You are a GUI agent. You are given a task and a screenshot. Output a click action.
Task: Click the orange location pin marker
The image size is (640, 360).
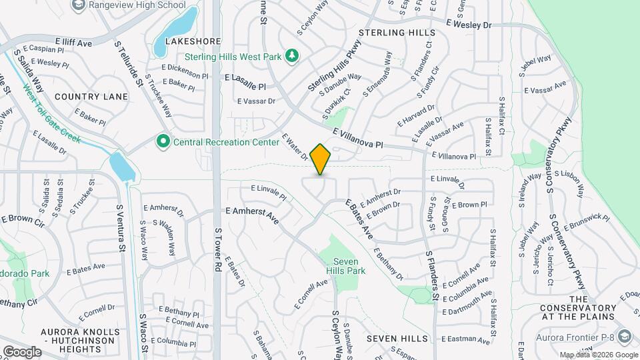[321, 159]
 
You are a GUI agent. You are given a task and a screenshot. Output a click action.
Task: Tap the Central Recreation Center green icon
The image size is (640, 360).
[162, 141]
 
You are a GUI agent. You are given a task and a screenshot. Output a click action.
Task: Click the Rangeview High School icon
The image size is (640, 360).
[79, 5]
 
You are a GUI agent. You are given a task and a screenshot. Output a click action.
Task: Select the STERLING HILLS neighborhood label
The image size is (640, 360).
[397, 33]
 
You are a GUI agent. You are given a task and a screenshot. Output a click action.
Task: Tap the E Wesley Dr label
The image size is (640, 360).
[469, 25]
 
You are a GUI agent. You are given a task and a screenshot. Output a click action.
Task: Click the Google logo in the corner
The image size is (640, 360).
[21, 351]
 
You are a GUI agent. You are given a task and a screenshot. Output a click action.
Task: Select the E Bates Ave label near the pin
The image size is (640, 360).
[359, 219]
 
